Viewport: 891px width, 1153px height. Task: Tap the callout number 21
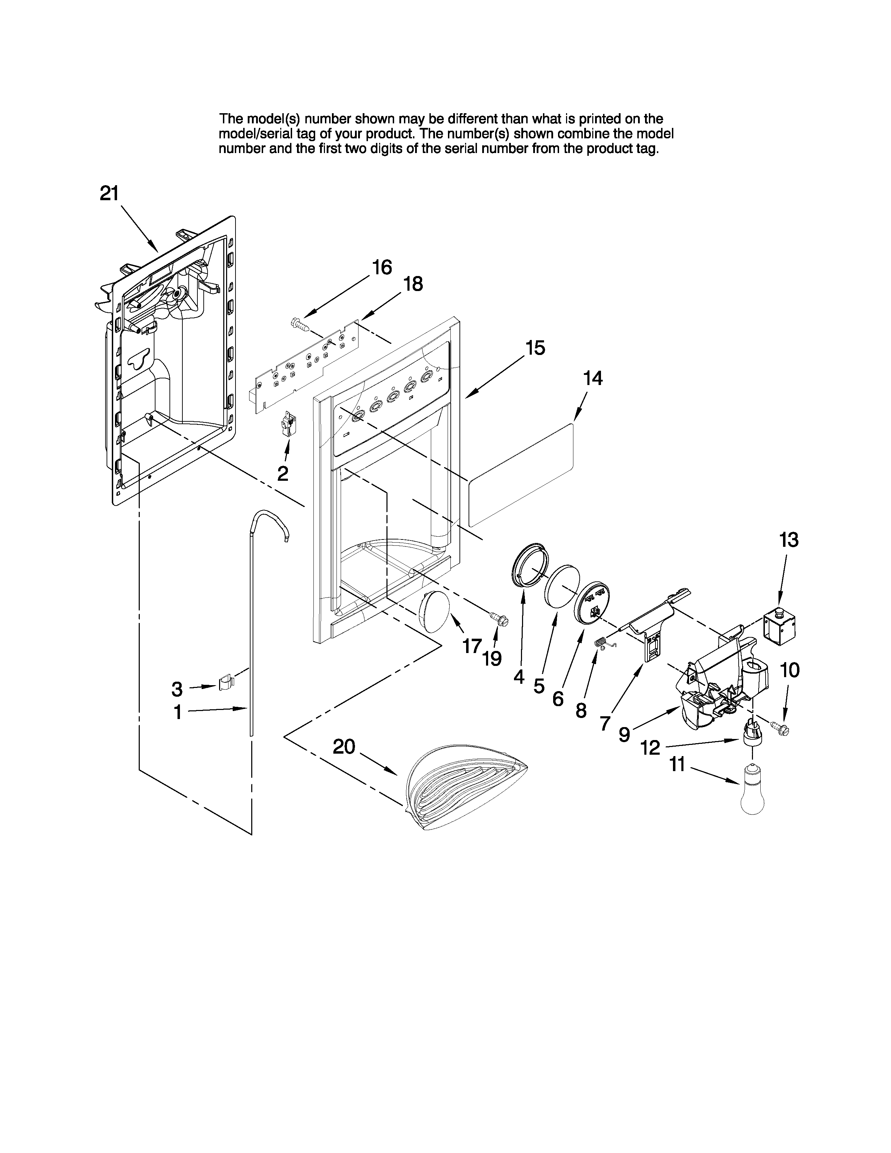(x=109, y=194)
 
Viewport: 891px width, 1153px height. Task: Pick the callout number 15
(x=535, y=348)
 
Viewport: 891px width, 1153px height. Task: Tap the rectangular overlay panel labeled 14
(x=520, y=474)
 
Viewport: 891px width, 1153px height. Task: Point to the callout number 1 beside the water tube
(x=178, y=713)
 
